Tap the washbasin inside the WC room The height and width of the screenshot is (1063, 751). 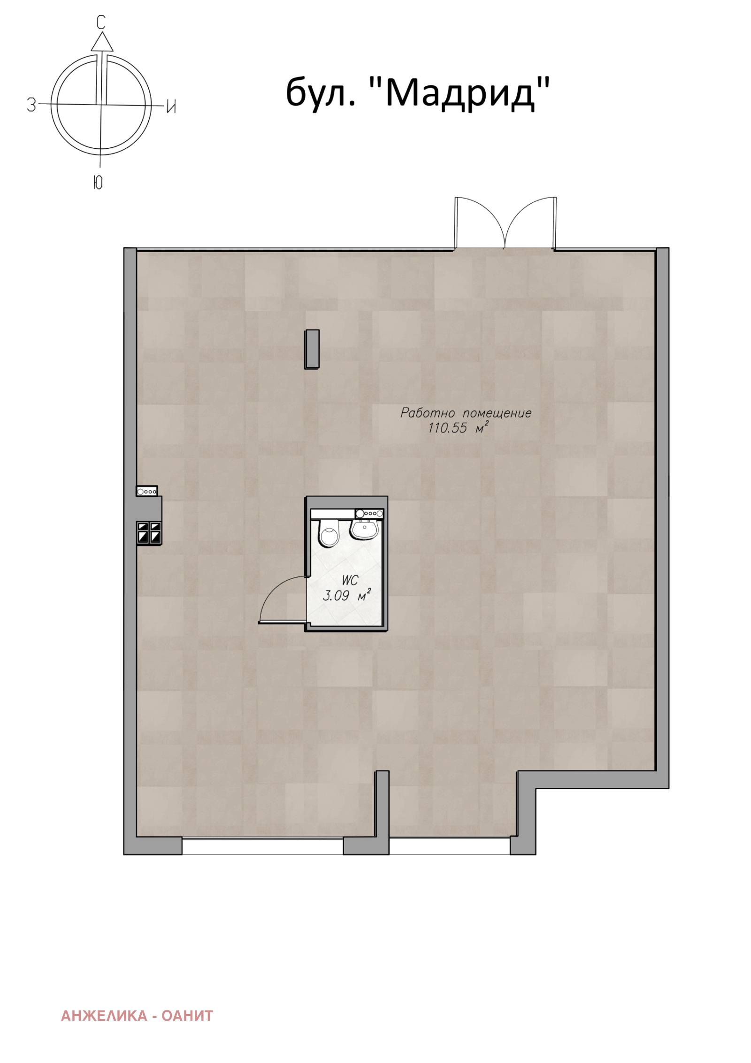(364, 529)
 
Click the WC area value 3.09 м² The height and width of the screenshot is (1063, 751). (346, 596)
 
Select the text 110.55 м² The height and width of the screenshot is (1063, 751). (458, 427)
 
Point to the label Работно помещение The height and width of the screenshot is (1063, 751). (466, 413)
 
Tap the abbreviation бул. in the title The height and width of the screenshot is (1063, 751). (320, 93)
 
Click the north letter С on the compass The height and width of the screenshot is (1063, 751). (101, 22)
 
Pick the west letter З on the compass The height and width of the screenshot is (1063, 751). (31, 104)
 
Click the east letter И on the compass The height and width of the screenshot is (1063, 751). (171, 107)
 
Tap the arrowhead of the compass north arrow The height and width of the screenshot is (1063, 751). (102, 41)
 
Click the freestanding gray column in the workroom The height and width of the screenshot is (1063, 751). (312, 349)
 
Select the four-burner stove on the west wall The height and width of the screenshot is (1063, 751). (149, 533)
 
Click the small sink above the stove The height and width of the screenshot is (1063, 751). (147, 491)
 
